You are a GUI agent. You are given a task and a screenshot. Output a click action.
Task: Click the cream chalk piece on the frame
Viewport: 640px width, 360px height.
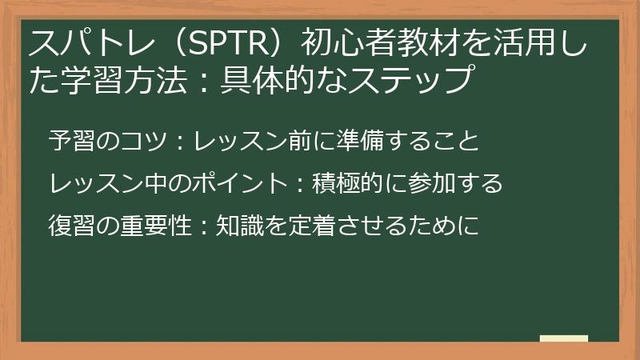point(564,339)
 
